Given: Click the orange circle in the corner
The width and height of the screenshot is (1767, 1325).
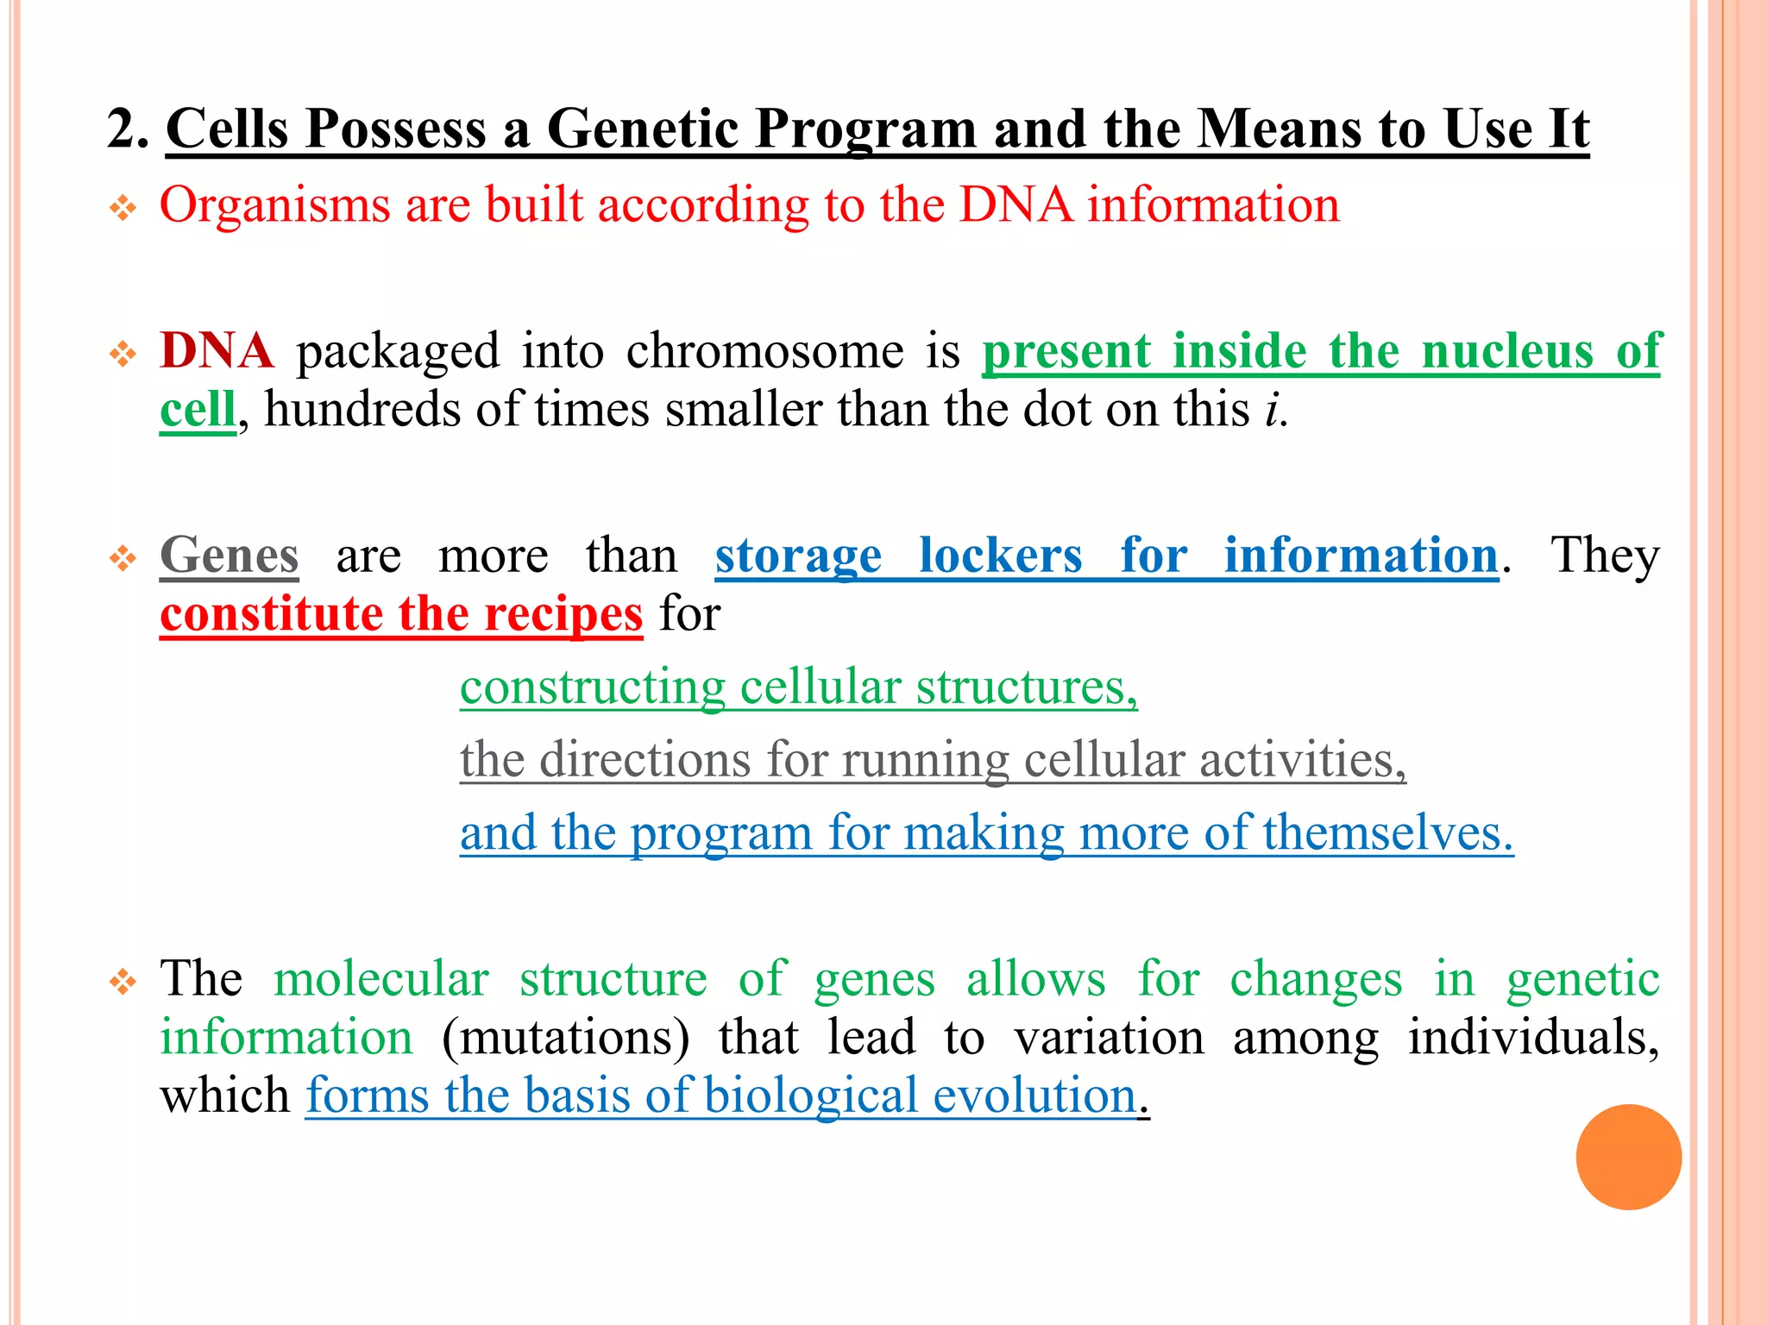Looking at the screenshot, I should [x=1628, y=1157].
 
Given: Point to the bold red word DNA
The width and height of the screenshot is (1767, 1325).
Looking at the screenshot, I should [x=217, y=351].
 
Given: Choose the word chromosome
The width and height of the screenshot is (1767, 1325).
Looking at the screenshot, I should [x=764, y=351].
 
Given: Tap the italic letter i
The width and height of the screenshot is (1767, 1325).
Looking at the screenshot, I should [x=1272, y=409].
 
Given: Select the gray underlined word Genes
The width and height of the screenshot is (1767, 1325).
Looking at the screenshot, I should [x=230, y=555].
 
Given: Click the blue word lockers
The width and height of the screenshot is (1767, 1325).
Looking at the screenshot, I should [x=1000, y=555].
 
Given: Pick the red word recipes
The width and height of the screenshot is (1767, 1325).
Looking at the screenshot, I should [x=563, y=613].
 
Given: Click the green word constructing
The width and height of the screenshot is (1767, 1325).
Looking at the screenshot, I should [x=592, y=688].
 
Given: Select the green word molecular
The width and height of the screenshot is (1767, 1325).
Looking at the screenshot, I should [x=380, y=979].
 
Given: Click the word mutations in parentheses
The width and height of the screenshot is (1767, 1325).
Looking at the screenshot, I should [x=566, y=1037].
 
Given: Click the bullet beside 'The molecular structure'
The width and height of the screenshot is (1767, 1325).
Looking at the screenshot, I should [x=123, y=982].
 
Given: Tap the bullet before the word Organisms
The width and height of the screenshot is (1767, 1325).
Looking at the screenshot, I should [x=123, y=208].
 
